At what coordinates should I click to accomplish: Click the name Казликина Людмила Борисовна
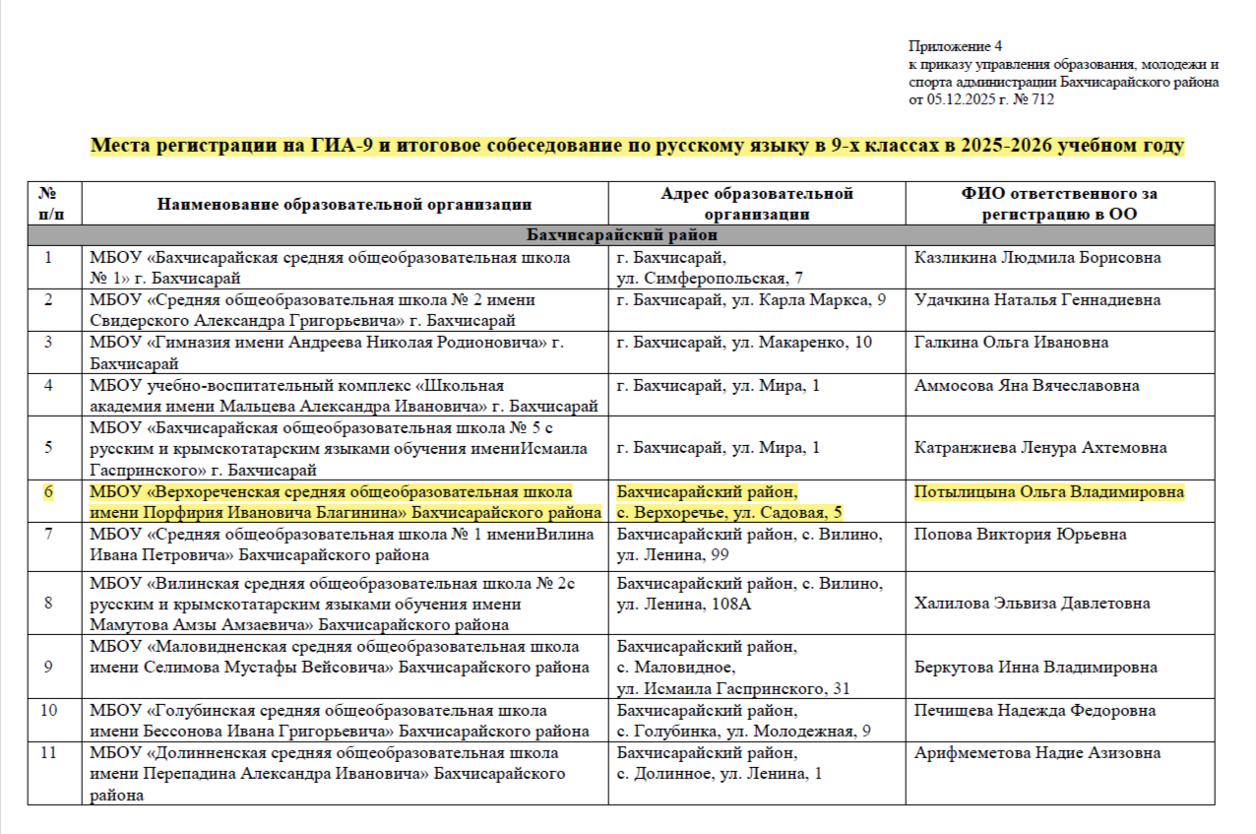pyautogui.click(x=1037, y=258)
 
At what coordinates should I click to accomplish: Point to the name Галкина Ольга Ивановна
pyautogui.click(x=1011, y=343)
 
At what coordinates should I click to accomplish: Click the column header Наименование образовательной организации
pyautogui.click(x=345, y=204)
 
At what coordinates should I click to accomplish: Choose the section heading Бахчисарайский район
pyautogui.click(x=621, y=236)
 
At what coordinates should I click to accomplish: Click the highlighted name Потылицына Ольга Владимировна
pyautogui.click(x=1048, y=492)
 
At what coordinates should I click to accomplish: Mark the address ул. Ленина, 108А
pyautogui.click(x=683, y=604)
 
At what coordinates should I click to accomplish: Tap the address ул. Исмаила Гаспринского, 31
pyautogui.click(x=733, y=689)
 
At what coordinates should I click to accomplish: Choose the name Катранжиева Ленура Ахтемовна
pyautogui.click(x=1040, y=448)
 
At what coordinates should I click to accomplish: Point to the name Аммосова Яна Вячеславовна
pyautogui.click(x=1027, y=385)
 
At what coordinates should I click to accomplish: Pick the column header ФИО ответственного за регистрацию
pyautogui.click(x=1059, y=204)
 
